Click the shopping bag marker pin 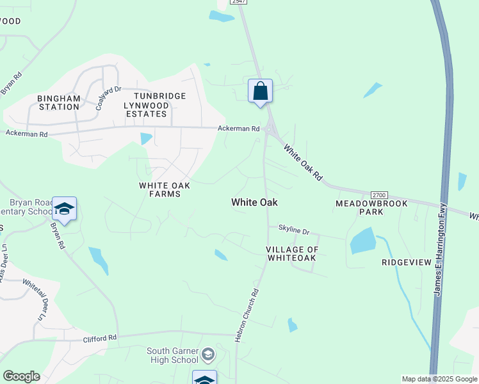tap(260, 92)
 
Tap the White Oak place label tap(254, 202)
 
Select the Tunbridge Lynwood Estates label tap(154, 105)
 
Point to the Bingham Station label tap(58, 102)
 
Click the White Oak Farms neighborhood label tap(165, 189)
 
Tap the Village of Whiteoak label tap(291, 253)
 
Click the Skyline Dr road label tap(293, 230)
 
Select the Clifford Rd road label tap(99, 337)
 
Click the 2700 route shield tap(380, 195)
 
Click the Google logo tap(21, 376)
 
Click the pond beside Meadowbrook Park tap(363, 241)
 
